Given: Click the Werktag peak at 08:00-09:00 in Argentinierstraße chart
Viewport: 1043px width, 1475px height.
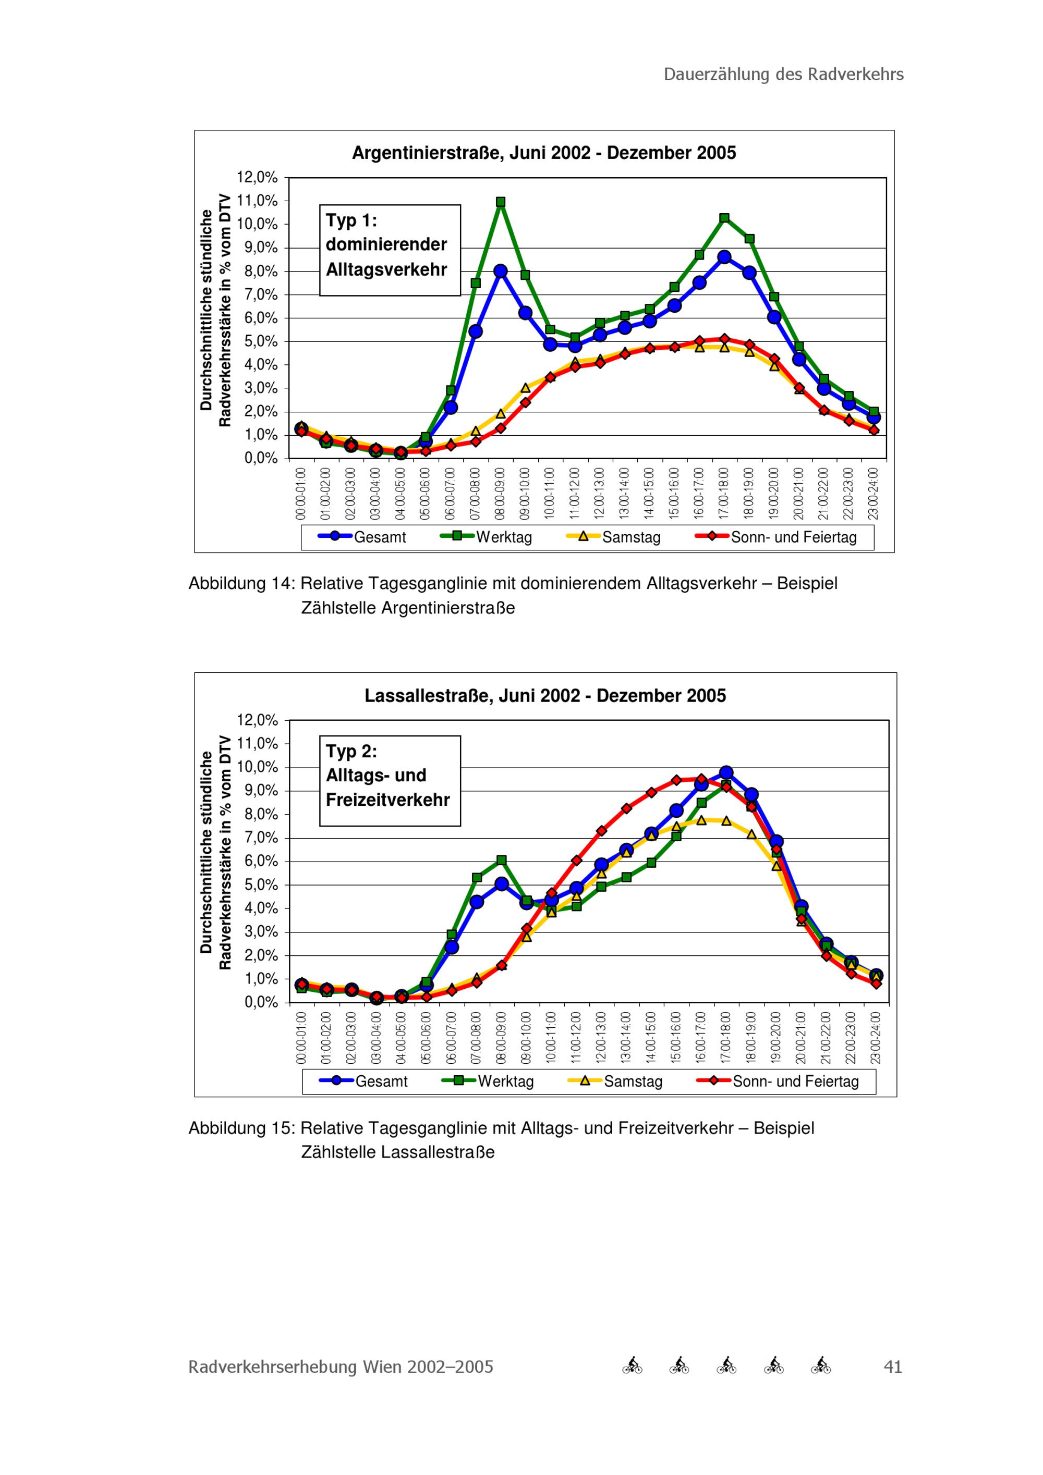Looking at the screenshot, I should coord(501,202).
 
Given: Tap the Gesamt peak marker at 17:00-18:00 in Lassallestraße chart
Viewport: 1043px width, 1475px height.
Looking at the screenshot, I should coord(726,772).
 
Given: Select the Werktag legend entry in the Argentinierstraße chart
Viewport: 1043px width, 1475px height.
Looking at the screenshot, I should coord(487,537).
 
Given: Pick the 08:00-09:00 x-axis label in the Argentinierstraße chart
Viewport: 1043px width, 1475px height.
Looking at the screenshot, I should coord(501,494).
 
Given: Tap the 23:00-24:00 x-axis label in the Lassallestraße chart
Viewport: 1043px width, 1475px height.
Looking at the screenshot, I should coord(876,1038).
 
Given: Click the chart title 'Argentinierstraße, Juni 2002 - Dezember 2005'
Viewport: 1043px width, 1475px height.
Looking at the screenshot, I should coord(544,153).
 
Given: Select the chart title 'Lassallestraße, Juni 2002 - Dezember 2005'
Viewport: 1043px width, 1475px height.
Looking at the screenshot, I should coord(545,696).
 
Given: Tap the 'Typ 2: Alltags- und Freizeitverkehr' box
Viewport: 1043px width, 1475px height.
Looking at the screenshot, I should coord(390,781).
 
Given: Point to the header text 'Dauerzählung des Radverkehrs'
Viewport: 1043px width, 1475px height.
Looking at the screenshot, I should coord(783,75).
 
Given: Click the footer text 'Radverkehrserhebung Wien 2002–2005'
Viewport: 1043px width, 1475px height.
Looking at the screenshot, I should coord(341,1367).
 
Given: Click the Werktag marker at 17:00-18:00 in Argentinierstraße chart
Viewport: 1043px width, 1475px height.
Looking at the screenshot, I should coord(724,218).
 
